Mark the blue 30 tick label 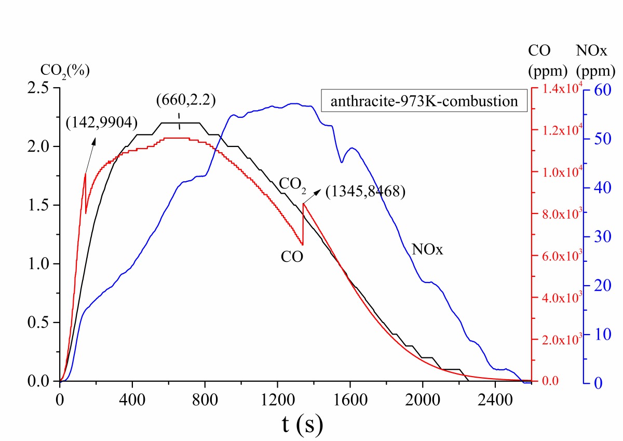point(599,236)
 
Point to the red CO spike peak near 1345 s point(303,204)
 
